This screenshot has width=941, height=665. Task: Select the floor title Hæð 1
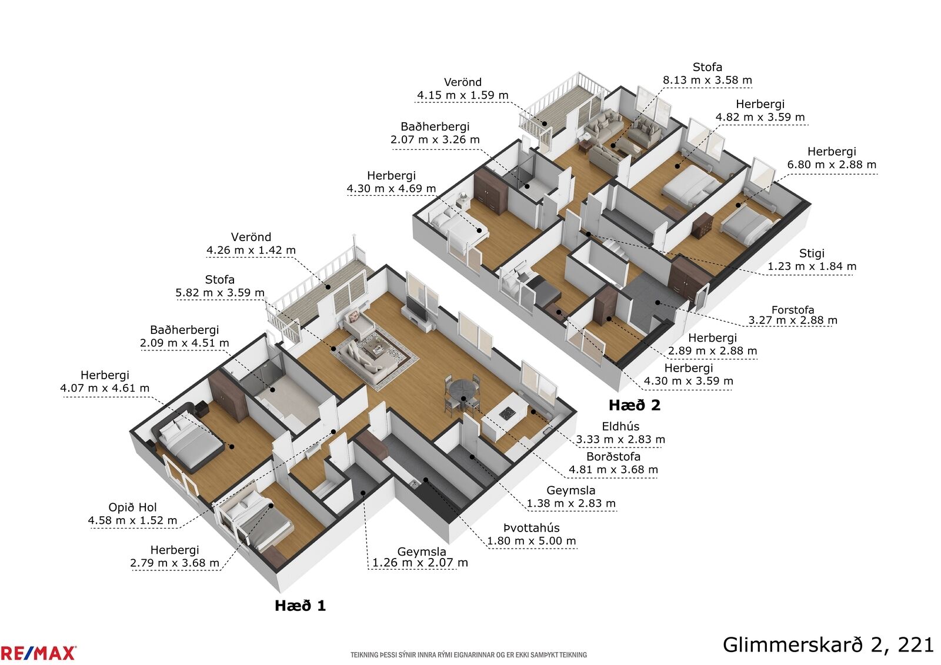click(301, 606)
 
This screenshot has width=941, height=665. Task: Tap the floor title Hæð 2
click(635, 405)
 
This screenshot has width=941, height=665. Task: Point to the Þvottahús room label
click(532, 527)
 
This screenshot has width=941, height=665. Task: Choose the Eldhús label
click(620, 426)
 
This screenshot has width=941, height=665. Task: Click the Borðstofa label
click(613, 456)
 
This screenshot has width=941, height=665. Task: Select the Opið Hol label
click(132, 507)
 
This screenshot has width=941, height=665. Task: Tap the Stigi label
click(812, 253)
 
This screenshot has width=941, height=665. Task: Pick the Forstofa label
click(793, 310)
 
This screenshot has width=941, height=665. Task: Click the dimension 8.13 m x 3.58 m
click(708, 80)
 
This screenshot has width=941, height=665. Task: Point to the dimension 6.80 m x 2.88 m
click(832, 164)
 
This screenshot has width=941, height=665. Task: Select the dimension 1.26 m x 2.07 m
click(420, 563)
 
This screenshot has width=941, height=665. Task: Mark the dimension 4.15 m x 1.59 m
click(462, 95)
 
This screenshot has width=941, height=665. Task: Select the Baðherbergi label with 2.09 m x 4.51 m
click(185, 330)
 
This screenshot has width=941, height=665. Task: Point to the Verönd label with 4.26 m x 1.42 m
click(251, 237)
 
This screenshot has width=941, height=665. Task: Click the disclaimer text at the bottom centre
click(468, 654)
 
